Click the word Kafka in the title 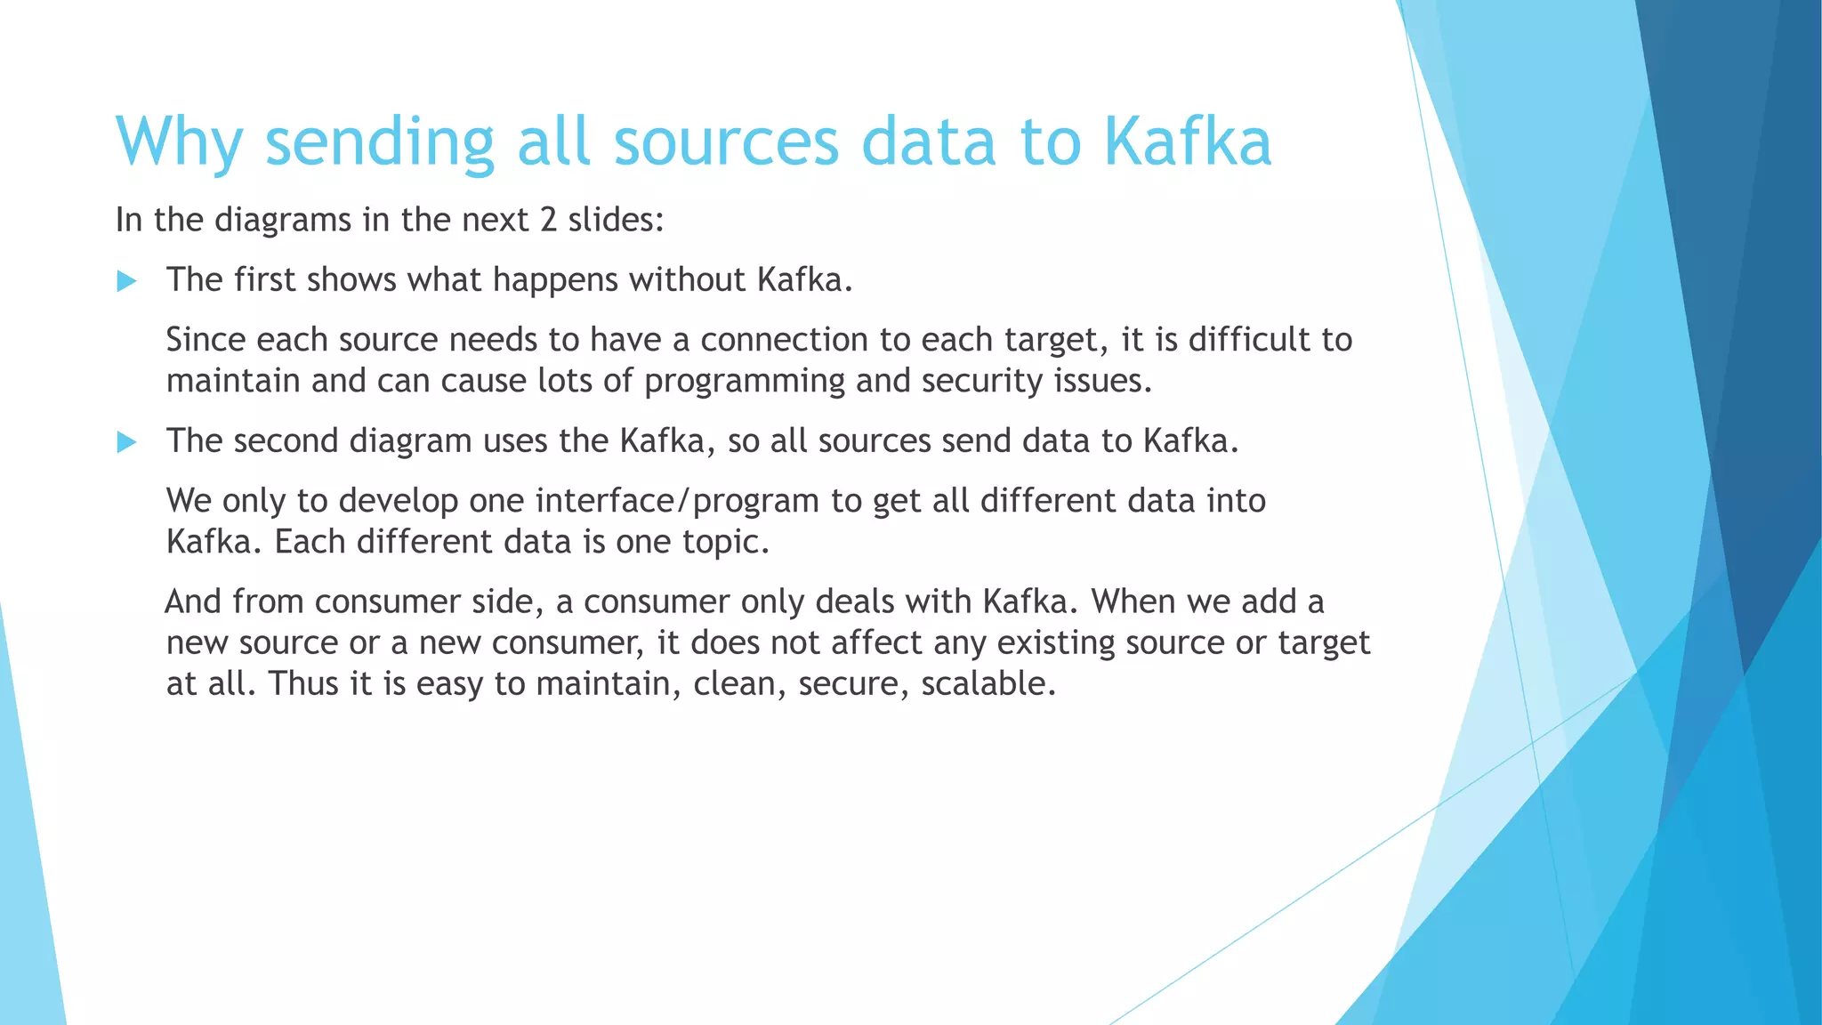[1188, 141]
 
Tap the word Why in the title [179, 141]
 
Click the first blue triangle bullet [126, 282]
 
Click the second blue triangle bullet [126, 442]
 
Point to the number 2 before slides [548, 220]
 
